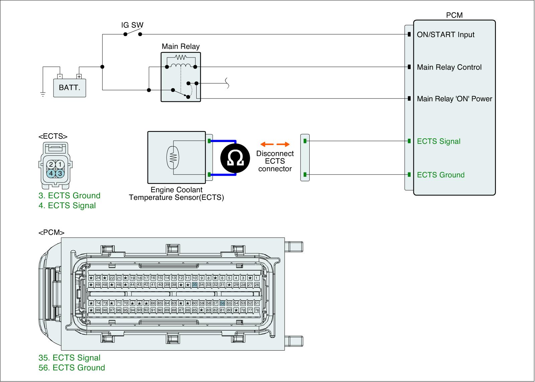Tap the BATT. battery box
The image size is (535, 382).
click(70, 88)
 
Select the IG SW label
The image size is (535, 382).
click(132, 25)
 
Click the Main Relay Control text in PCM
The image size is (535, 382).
click(449, 67)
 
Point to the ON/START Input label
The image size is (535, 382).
click(445, 34)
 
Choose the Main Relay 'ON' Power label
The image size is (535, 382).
click(454, 99)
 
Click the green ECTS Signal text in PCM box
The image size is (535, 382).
click(438, 141)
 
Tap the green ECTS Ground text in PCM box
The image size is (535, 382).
click(441, 175)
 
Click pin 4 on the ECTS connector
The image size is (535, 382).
click(51, 173)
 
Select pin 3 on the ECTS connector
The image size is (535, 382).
click(60, 173)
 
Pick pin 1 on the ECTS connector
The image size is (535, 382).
click(60, 164)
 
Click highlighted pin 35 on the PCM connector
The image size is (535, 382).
click(195, 285)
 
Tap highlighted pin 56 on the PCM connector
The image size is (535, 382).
click(222, 303)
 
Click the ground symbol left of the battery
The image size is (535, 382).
click(43, 94)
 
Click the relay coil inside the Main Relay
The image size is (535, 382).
click(181, 65)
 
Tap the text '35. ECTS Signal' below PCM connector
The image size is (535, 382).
click(69, 358)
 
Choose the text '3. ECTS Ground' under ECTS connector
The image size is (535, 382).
click(69, 196)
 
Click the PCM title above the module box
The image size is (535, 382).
click(454, 15)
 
